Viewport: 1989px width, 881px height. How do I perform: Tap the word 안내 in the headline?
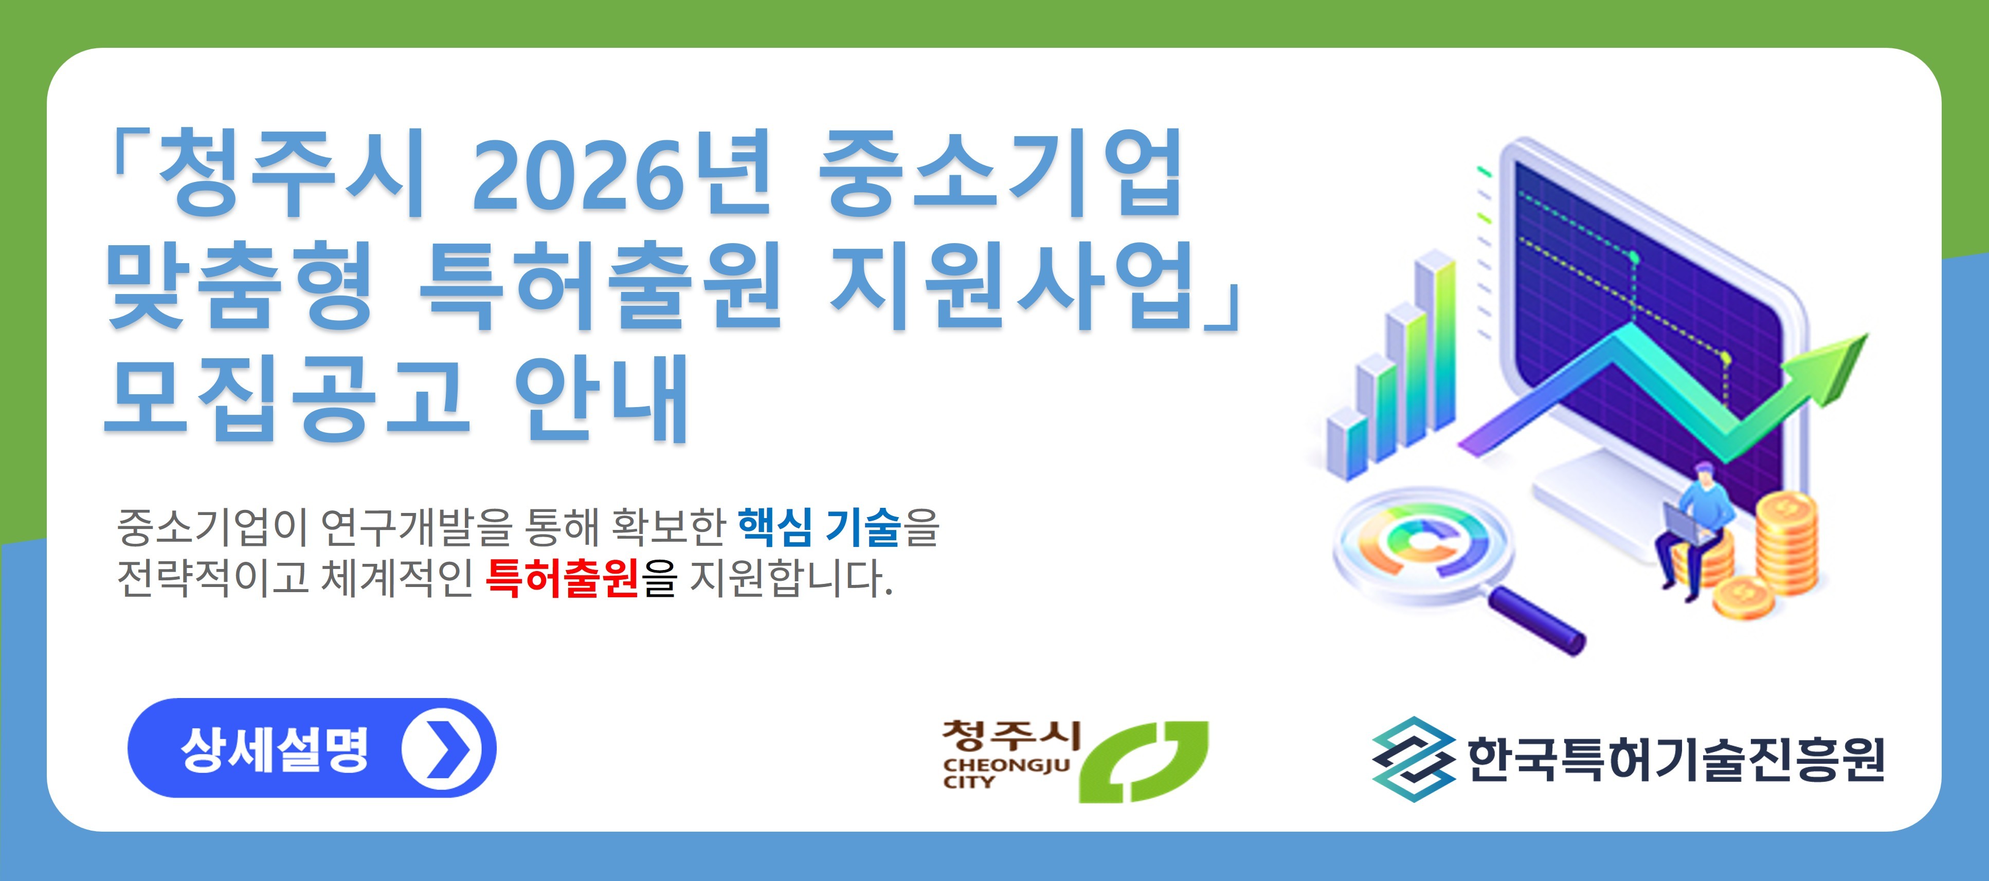coord(601,398)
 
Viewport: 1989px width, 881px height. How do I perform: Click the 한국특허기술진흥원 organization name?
coord(1675,760)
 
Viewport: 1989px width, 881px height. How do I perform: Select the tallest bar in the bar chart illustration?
coord(1435,340)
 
